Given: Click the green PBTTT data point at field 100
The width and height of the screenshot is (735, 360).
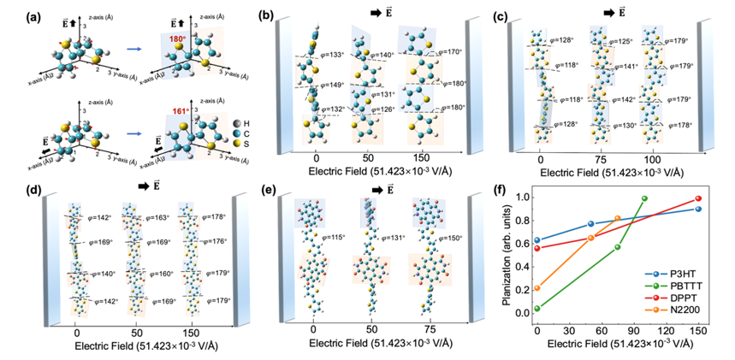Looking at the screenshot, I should (x=644, y=198).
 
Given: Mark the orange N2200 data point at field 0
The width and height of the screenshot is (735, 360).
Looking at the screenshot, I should (x=536, y=288).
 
